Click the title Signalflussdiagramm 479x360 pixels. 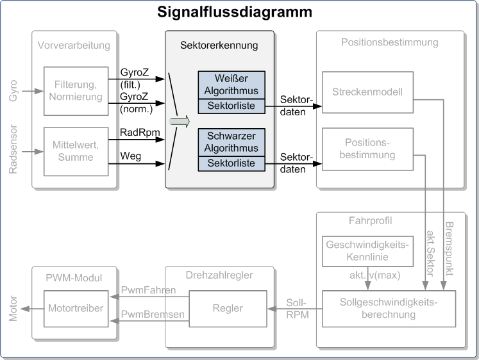pyautogui.click(x=235, y=13)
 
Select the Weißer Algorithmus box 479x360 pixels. pyautogui.click(x=231, y=85)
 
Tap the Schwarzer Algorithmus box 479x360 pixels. pyautogui.click(x=231, y=142)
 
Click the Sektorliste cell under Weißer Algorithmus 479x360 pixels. pyautogui.click(x=231, y=106)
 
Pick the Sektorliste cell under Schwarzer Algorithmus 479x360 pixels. pyautogui.click(x=231, y=164)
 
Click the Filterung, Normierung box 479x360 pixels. pyautogui.click(x=76, y=91)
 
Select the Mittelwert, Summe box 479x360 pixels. pyautogui.click(x=76, y=151)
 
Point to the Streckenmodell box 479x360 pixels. pyautogui.click(x=368, y=92)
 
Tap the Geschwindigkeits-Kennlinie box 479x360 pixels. pyautogui.click(x=368, y=251)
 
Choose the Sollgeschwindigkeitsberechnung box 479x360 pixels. pyautogui.click(x=389, y=309)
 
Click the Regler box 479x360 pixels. pyautogui.click(x=228, y=309)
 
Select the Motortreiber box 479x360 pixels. pyautogui.click(x=76, y=309)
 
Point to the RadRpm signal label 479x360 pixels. pyautogui.click(x=140, y=133)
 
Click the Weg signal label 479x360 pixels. pyautogui.click(x=130, y=156)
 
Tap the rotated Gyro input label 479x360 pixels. pyautogui.click(x=13, y=90)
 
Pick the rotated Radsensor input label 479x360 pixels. pyautogui.click(x=13, y=149)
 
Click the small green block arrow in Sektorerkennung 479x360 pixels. pyautogui.click(x=180, y=122)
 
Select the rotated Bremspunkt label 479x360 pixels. pyautogui.click(x=450, y=249)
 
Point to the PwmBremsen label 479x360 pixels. pyautogui.click(x=153, y=315)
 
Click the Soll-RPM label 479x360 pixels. pyautogui.click(x=298, y=309)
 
